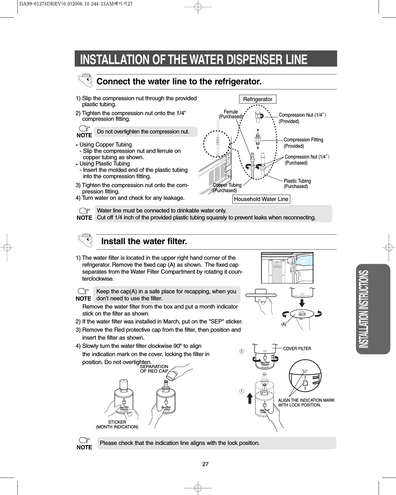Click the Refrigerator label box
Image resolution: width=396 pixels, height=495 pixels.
pos(258,99)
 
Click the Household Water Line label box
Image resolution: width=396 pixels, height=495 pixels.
pos(261,199)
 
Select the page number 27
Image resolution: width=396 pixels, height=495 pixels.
pos(205,464)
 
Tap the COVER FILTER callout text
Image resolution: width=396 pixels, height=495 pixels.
pos(297,348)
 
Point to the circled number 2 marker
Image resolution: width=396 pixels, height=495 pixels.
pos(242,351)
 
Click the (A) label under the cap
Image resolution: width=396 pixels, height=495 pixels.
pos(284,324)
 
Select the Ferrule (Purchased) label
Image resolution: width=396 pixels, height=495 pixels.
pos(231,114)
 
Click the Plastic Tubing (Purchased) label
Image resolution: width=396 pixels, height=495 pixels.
pos(297,184)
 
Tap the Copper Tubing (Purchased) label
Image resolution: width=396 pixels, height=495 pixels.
pos(227,188)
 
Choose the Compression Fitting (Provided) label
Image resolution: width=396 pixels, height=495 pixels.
pos(303,143)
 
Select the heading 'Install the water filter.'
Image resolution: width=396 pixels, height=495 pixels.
pos(144,241)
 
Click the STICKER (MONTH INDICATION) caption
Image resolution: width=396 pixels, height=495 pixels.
pos(117,424)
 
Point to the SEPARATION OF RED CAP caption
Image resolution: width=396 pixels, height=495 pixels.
pos(154,369)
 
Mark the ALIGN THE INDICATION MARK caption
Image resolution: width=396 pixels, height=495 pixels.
pos(306,403)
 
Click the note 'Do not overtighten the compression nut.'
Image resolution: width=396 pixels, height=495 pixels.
pos(143,132)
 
